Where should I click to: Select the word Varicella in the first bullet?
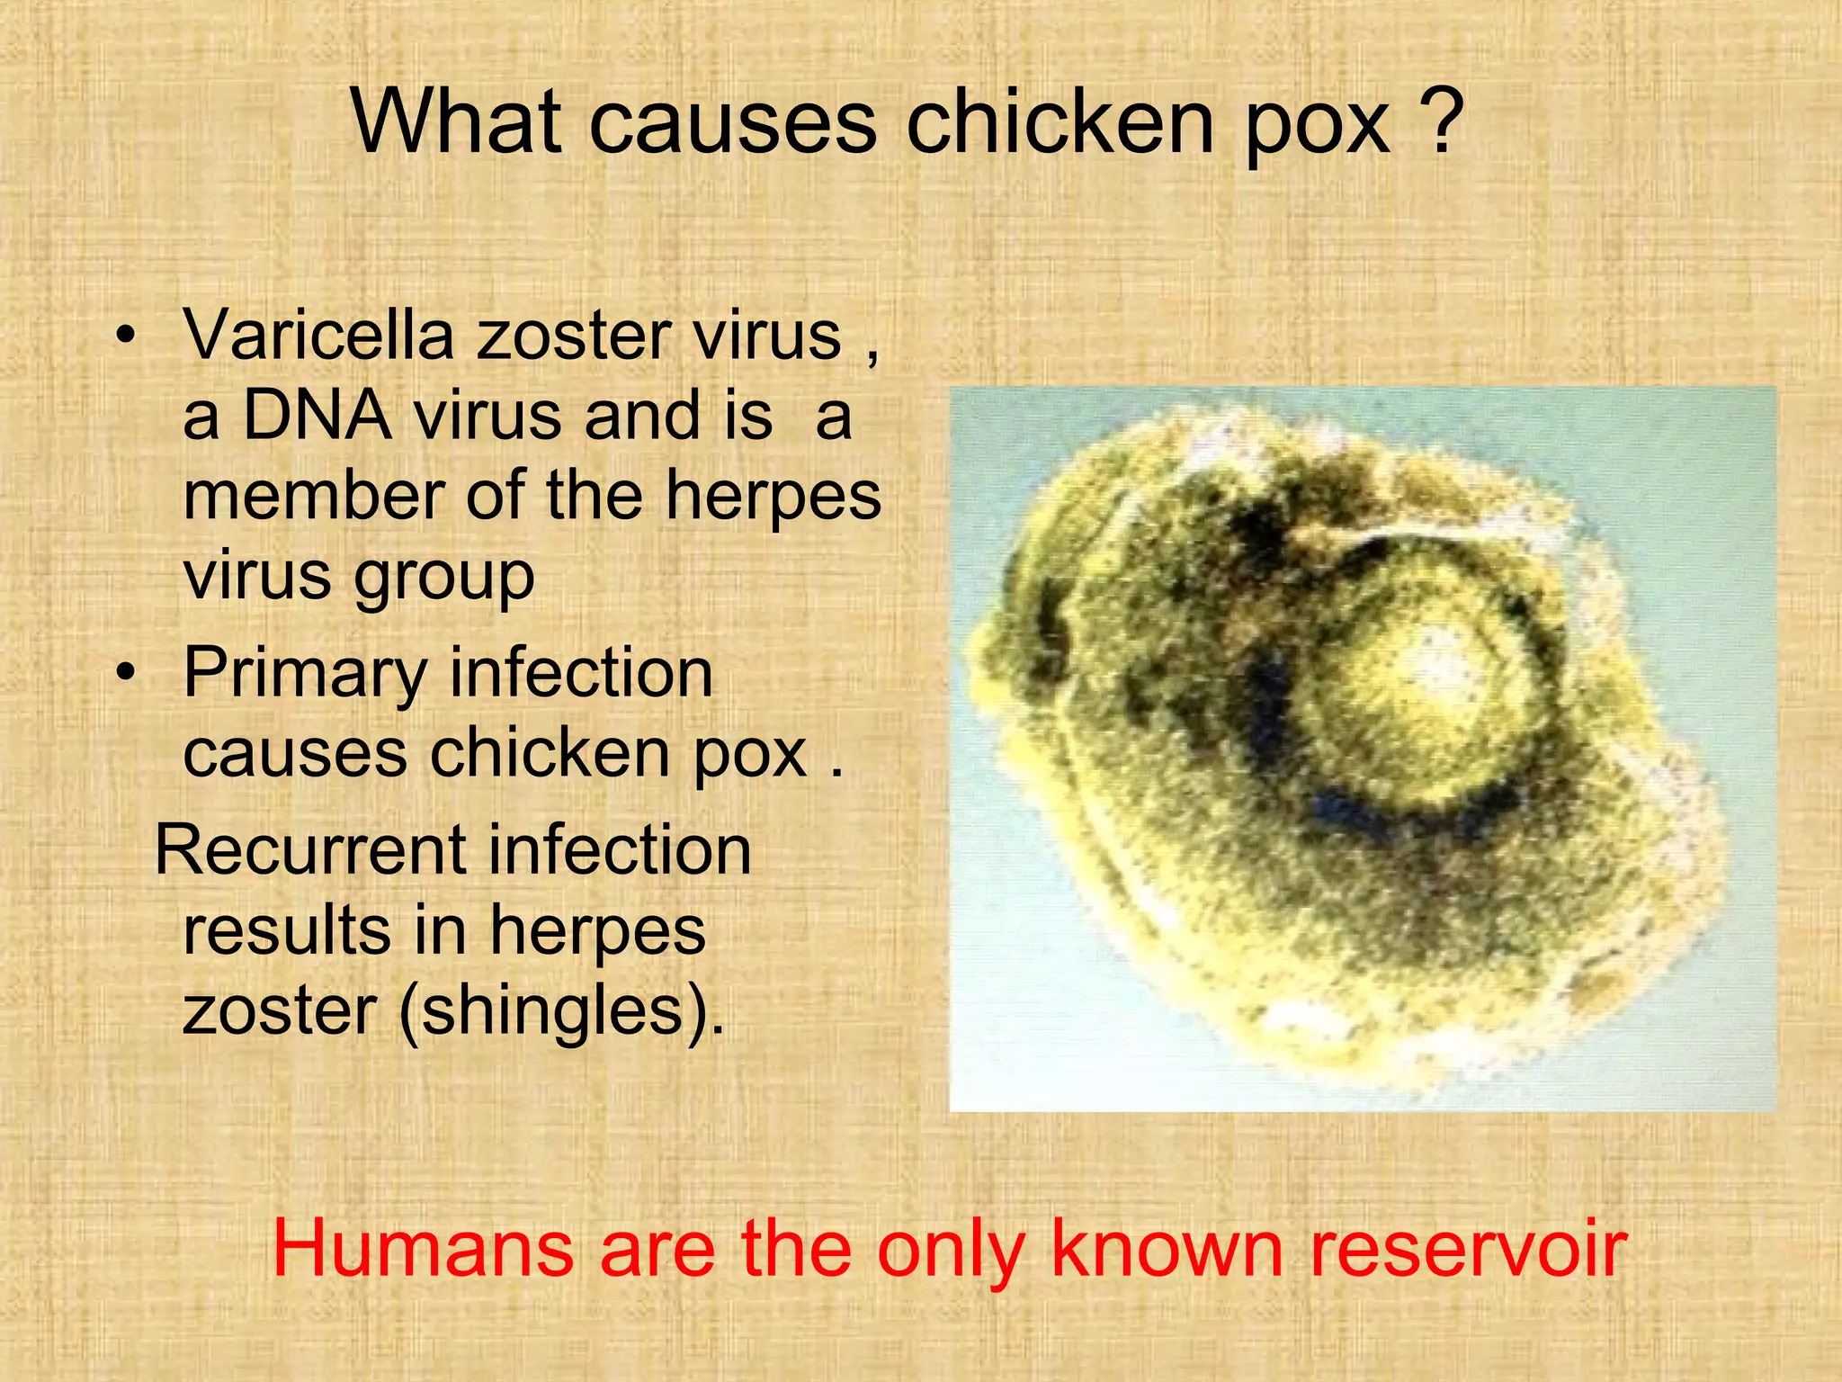tap(318, 335)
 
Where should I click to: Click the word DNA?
tap(317, 416)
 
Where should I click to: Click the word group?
tap(444, 578)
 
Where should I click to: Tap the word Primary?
tap(305, 675)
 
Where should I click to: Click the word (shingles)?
tap(561, 1012)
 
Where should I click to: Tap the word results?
tap(286, 930)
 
